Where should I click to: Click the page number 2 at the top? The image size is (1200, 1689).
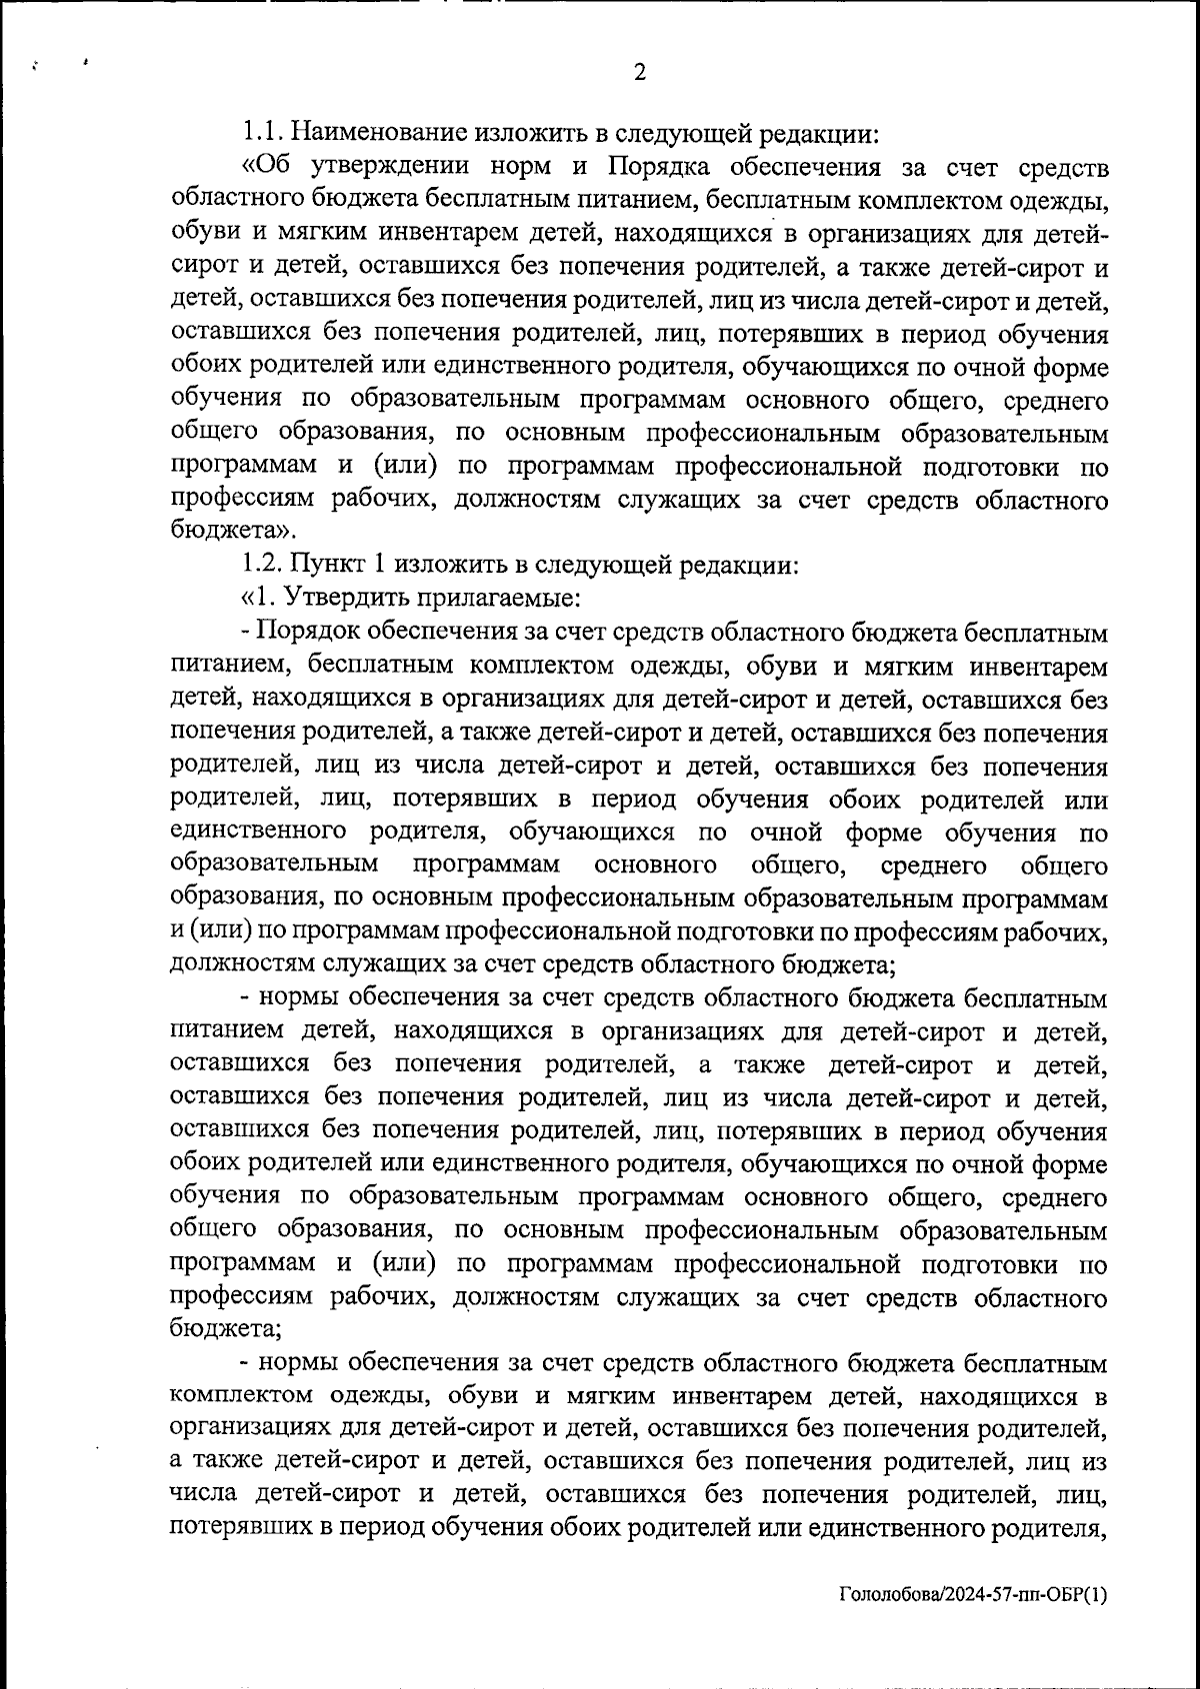point(640,72)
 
